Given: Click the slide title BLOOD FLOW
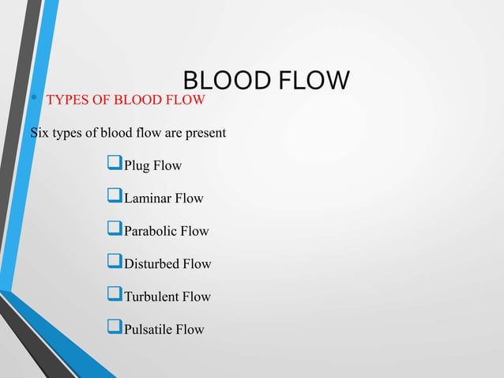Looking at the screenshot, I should [x=265, y=81].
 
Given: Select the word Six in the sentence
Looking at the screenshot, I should [x=39, y=132].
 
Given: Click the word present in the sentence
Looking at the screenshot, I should [x=205, y=132].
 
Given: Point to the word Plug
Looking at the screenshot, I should [x=137, y=165].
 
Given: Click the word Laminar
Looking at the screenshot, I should [x=147, y=198].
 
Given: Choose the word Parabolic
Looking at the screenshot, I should [x=150, y=231].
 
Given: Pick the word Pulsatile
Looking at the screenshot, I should [x=149, y=329].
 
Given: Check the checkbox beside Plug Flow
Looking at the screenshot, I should [x=111, y=165].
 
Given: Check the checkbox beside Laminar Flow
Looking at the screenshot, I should [x=111, y=198].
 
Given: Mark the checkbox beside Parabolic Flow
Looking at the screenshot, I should [x=111, y=231].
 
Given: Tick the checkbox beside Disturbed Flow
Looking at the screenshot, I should [x=111, y=263].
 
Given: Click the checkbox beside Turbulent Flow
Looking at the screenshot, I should [x=111, y=297].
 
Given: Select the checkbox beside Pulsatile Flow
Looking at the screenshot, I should [x=111, y=329].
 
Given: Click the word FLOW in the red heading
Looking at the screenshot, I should [x=187, y=100].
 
